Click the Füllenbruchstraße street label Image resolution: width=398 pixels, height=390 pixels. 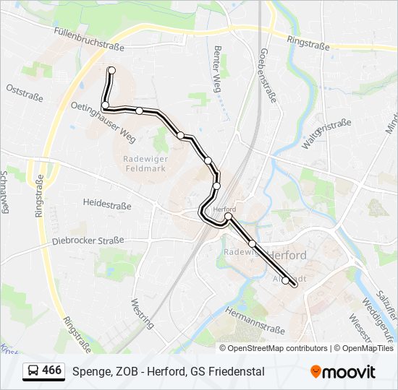click(x=90, y=40)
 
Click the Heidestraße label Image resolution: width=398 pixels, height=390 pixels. click(x=107, y=205)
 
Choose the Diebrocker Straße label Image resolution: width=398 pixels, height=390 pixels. click(x=88, y=240)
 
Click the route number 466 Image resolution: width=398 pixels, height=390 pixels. click(x=51, y=370)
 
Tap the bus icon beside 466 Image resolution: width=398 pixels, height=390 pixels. click(x=33, y=371)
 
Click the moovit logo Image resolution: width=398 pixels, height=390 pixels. click(x=343, y=372)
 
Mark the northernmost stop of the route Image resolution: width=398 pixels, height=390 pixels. click(x=111, y=70)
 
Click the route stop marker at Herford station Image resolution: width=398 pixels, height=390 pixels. click(x=228, y=216)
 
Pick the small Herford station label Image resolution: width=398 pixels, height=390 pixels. click(x=225, y=209)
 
